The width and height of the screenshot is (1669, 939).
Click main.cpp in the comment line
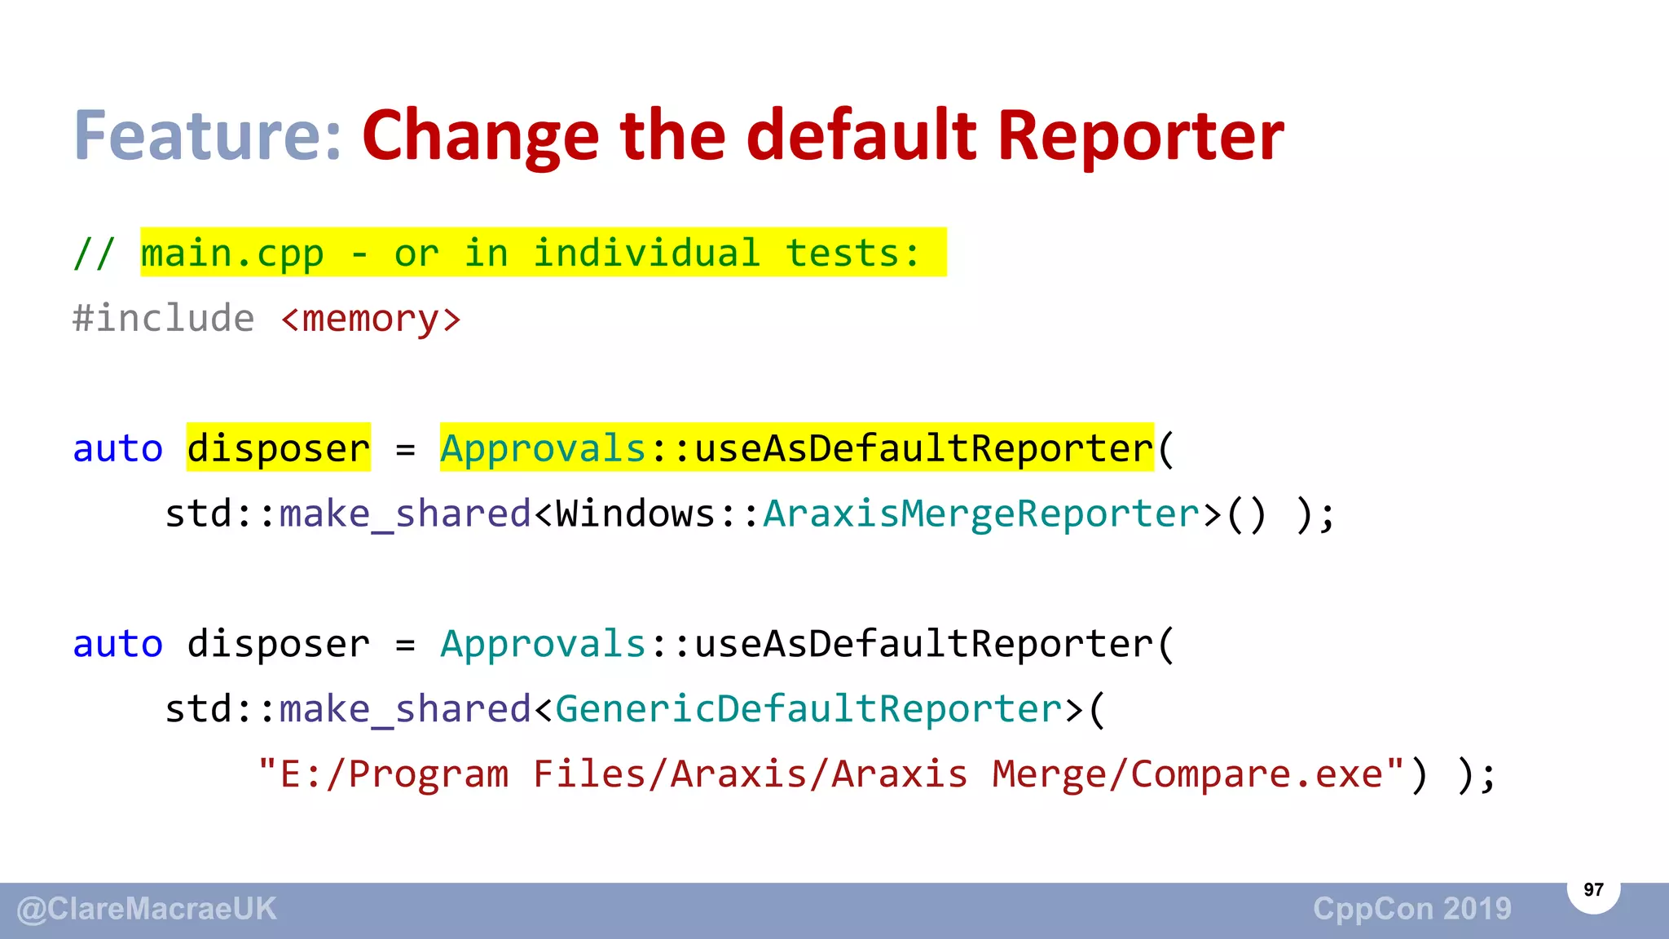(x=232, y=253)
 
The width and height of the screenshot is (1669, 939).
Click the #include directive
(x=163, y=319)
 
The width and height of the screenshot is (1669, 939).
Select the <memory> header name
(x=371, y=319)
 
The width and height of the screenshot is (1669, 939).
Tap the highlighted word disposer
(x=279, y=448)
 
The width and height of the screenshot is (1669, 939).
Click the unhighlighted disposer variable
(x=279, y=644)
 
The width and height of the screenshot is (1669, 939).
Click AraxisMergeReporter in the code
(x=981, y=514)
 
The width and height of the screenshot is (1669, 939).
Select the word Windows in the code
(x=636, y=514)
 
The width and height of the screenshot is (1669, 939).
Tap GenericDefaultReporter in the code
(x=808, y=709)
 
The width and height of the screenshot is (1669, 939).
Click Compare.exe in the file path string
(x=1256, y=774)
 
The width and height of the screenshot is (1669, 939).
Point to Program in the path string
(x=429, y=774)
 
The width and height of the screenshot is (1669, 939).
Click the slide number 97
(x=1593, y=889)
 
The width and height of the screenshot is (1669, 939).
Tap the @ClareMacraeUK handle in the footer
(x=147, y=909)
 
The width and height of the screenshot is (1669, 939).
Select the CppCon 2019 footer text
(x=1412, y=909)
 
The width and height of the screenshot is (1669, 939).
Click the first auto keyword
(x=118, y=448)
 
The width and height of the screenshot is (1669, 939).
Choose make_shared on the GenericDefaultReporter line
(x=405, y=709)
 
